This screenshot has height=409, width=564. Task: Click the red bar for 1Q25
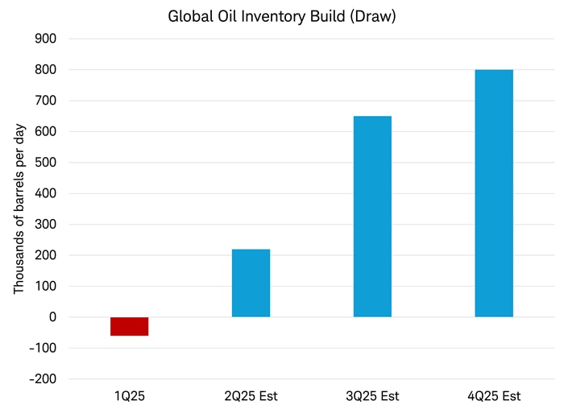(x=129, y=326)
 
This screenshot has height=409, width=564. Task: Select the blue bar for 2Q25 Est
(x=251, y=283)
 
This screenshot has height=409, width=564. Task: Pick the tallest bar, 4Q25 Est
(x=494, y=193)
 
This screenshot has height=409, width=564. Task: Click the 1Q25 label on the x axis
(x=129, y=396)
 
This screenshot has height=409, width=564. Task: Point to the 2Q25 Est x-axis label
(x=251, y=396)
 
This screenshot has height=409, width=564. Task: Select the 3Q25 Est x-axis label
(x=372, y=396)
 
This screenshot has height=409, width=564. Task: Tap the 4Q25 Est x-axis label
(x=494, y=396)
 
